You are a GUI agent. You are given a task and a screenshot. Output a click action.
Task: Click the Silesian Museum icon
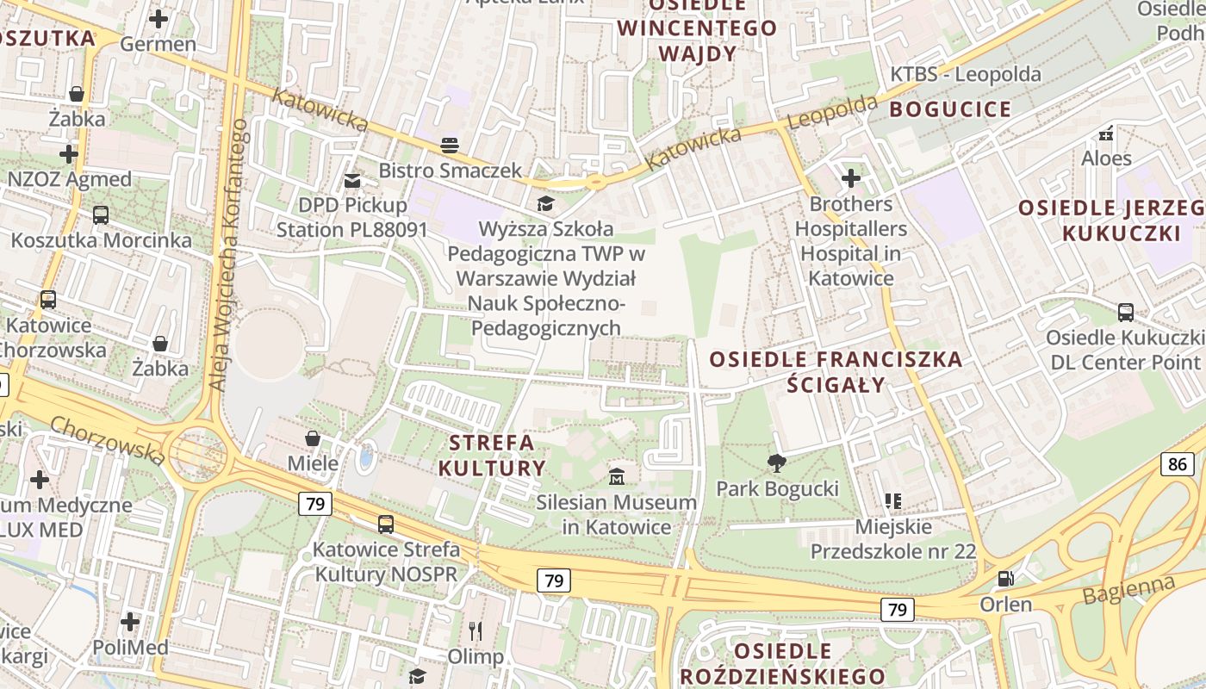click(617, 476)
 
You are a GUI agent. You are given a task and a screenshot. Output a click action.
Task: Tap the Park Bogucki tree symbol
click(776, 463)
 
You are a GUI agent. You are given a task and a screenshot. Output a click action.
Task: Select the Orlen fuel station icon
click(1004, 579)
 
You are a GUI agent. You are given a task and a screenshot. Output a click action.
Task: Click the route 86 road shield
click(1178, 465)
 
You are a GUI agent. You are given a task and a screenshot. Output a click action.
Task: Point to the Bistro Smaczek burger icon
click(450, 145)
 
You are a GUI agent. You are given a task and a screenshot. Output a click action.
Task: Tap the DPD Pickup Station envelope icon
click(351, 181)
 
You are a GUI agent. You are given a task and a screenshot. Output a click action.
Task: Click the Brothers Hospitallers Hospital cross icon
click(851, 178)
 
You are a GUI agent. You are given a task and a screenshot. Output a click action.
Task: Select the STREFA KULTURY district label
click(493, 456)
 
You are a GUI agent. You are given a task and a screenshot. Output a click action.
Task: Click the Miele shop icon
click(313, 438)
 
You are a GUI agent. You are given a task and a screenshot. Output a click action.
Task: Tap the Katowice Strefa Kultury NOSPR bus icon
click(386, 524)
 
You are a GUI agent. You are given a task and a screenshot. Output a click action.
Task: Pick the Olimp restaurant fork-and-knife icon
click(475, 631)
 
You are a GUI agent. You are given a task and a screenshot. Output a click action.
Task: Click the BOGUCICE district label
click(950, 109)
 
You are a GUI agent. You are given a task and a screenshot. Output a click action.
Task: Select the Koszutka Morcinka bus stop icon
click(101, 214)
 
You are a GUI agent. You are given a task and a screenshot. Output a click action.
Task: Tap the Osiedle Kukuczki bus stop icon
click(1125, 312)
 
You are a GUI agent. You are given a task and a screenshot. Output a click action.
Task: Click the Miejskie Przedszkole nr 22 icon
click(893, 500)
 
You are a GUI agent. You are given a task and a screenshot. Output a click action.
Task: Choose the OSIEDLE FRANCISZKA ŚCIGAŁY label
click(835, 371)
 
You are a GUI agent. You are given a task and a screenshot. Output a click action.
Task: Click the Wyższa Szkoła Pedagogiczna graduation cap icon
click(545, 204)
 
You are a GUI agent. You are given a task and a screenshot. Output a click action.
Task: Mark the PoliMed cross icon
click(130, 621)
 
